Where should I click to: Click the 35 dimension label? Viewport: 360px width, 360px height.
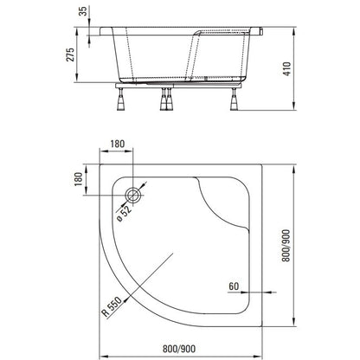(x=83, y=11)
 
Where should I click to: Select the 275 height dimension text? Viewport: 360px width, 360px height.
(x=70, y=55)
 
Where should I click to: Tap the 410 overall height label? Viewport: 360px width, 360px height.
(x=287, y=69)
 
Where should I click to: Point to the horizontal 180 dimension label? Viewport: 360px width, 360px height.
(x=117, y=144)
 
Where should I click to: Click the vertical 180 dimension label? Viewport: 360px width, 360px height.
(x=78, y=179)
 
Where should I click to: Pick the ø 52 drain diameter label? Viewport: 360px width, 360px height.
(x=125, y=214)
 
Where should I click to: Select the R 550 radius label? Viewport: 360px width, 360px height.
(x=112, y=306)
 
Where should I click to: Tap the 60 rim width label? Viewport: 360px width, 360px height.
(x=234, y=286)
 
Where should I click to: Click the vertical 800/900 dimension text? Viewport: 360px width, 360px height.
(x=286, y=246)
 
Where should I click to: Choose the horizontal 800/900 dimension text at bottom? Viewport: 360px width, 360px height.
(x=179, y=349)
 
